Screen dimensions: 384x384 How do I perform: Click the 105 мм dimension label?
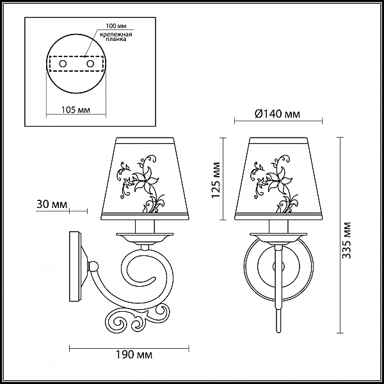pos(76,110)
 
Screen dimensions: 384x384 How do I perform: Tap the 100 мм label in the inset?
pos(116,26)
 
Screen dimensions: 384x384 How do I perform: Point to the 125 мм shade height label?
pos(216,180)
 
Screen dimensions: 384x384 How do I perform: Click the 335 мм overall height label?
pos(346,241)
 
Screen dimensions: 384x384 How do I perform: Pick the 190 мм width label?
pos(134,355)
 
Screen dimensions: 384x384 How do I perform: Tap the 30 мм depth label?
pos(52,205)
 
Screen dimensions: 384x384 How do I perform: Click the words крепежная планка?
pos(116,36)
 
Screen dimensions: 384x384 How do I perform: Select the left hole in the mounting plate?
pos(63,64)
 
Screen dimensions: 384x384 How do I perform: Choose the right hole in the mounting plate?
pos(90,64)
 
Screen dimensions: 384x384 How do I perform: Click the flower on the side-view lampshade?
pos(145,182)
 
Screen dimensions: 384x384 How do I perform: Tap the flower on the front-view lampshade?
pos(278,182)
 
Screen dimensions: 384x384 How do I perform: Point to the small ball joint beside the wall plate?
pos(93,266)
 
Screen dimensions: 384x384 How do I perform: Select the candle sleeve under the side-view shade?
pos(145,227)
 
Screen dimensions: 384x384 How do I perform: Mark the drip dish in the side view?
pos(145,237)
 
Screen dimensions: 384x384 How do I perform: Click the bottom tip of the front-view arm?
pos(278,332)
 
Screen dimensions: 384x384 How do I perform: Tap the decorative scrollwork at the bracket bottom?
pos(138,319)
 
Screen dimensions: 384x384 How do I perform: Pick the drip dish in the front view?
pos(278,237)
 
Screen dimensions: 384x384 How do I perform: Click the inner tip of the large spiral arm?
pos(154,278)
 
